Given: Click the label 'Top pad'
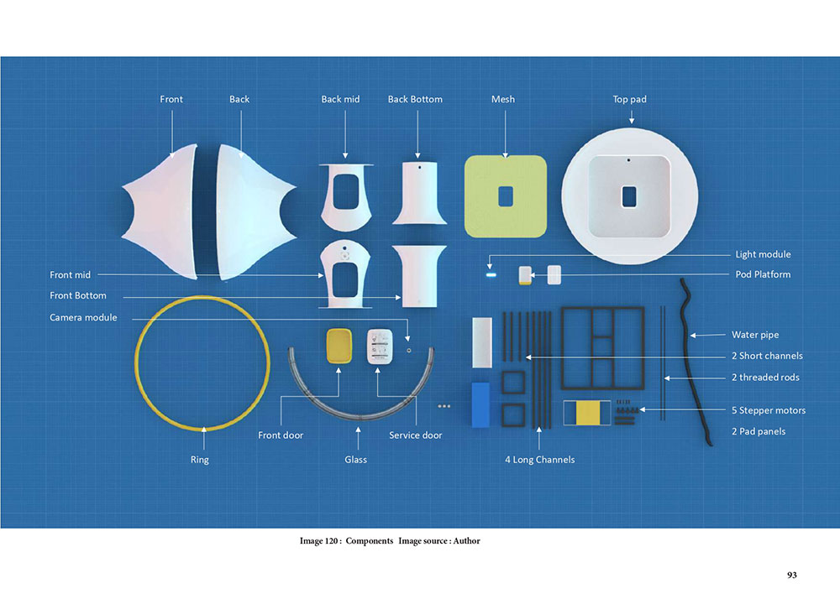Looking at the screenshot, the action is click(629, 100).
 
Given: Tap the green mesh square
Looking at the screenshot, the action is click(505, 196).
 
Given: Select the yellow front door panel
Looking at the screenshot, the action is click(339, 346).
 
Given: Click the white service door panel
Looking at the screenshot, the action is click(380, 346).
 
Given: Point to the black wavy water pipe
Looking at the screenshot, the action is click(696, 362).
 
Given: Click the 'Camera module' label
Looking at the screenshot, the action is click(83, 317).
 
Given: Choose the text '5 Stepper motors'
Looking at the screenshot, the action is click(769, 410).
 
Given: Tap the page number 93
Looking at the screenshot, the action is click(792, 576).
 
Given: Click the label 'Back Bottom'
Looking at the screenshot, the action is click(415, 100).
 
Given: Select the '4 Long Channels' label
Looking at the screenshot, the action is click(539, 460).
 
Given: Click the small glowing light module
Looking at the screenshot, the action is click(491, 275).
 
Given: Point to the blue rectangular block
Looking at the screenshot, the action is click(480, 404).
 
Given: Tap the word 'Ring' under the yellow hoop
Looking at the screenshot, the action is click(200, 460).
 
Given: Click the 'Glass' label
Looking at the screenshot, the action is click(355, 460).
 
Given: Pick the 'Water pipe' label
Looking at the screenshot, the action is click(755, 335).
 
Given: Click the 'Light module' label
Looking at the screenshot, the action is click(763, 254).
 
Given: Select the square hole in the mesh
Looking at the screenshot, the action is click(506, 196).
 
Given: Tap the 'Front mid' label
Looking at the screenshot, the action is click(71, 275).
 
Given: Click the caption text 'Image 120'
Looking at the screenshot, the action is click(319, 541).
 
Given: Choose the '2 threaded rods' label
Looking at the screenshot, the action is click(765, 378).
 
